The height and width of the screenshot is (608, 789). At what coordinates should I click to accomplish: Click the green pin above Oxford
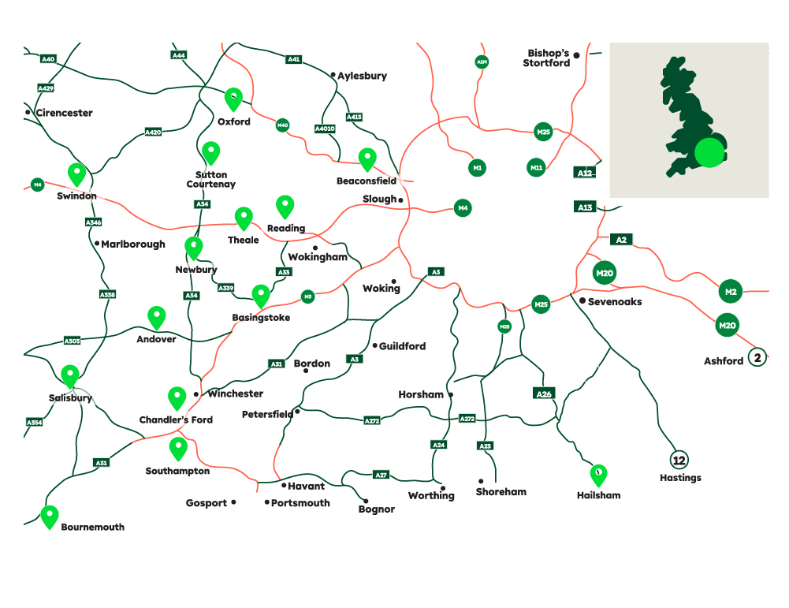click(x=233, y=98)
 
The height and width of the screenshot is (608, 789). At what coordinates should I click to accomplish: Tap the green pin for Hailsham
click(x=598, y=475)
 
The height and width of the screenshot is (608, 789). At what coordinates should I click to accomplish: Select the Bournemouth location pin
click(x=50, y=516)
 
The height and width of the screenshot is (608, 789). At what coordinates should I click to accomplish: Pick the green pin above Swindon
click(x=76, y=173)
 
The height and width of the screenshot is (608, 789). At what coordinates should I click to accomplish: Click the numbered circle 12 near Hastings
click(x=679, y=460)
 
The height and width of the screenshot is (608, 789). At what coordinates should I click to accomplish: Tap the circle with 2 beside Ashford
click(x=757, y=358)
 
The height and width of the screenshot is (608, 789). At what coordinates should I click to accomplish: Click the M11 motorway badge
click(x=537, y=167)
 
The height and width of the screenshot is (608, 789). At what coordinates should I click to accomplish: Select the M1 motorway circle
click(x=478, y=167)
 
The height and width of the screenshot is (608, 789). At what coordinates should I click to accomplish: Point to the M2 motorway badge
click(x=731, y=291)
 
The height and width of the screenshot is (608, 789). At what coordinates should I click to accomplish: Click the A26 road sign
click(x=544, y=393)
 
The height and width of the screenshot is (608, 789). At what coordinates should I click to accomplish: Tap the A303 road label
click(x=73, y=341)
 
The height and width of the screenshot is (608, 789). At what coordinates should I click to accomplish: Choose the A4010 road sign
click(x=325, y=129)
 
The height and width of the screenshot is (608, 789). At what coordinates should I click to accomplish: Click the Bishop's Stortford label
click(x=547, y=58)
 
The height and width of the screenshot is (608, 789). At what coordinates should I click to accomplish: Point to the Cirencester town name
click(x=64, y=113)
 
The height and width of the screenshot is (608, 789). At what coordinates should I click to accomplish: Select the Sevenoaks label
click(x=615, y=301)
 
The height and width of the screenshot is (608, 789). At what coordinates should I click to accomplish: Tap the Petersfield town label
click(x=267, y=414)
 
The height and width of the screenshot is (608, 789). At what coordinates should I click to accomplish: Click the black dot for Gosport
click(x=233, y=502)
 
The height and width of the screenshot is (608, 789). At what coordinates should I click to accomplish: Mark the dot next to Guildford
click(x=374, y=345)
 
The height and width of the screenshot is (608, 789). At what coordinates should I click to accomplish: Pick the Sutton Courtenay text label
click(x=211, y=179)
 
